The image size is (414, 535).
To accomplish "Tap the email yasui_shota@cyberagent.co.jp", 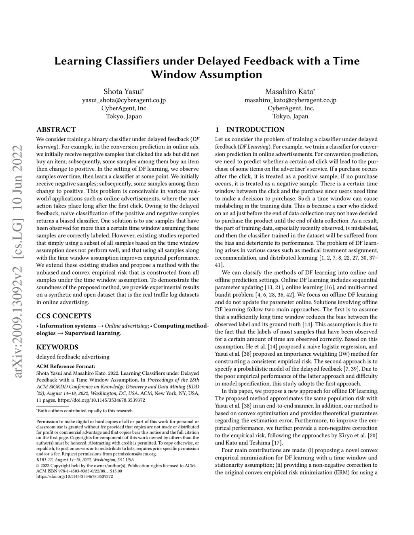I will click(x=124, y=100).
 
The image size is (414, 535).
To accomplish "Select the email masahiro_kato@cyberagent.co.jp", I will click(x=290, y=100).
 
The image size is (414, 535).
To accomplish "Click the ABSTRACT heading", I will click(x=56, y=130).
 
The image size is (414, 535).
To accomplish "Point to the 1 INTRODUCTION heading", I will click(x=250, y=130).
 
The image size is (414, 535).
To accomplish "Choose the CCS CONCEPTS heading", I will click(x=63, y=316).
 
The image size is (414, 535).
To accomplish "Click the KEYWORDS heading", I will click(x=57, y=347).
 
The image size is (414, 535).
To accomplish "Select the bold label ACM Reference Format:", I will click(x=66, y=366).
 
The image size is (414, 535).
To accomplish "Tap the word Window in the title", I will click(x=173, y=75).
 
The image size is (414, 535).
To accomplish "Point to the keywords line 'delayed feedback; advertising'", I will click(x=73, y=357).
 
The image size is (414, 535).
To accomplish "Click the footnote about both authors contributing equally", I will click(x=85, y=411).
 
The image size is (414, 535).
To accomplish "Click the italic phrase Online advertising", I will click(x=126, y=326).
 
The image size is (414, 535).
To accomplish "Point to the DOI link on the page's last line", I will click(x=74, y=476).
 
